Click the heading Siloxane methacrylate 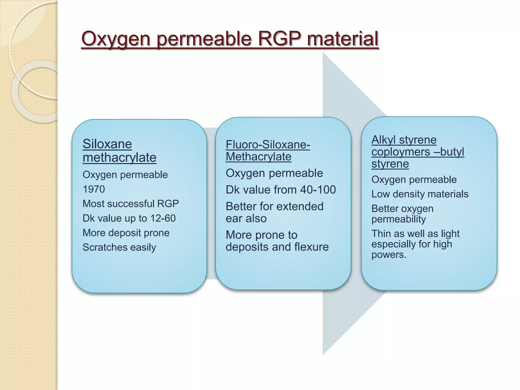pyautogui.click(x=119, y=151)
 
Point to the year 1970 pyautogui.click(x=94, y=189)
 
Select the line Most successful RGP pyautogui.click(x=131, y=204)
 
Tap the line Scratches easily pyautogui.click(x=119, y=247)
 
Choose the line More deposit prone pyautogui.click(x=126, y=233)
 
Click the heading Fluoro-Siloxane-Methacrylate pyautogui.click(x=268, y=151)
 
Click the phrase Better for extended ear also pyautogui.click(x=274, y=212)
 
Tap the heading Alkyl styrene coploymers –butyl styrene pyautogui.click(x=417, y=152)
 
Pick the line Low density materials pyautogui.click(x=420, y=194)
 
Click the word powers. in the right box pyautogui.click(x=389, y=255)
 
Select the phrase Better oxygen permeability pyautogui.click(x=402, y=214)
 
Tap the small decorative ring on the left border pyautogui.click(x=38, y=91)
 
